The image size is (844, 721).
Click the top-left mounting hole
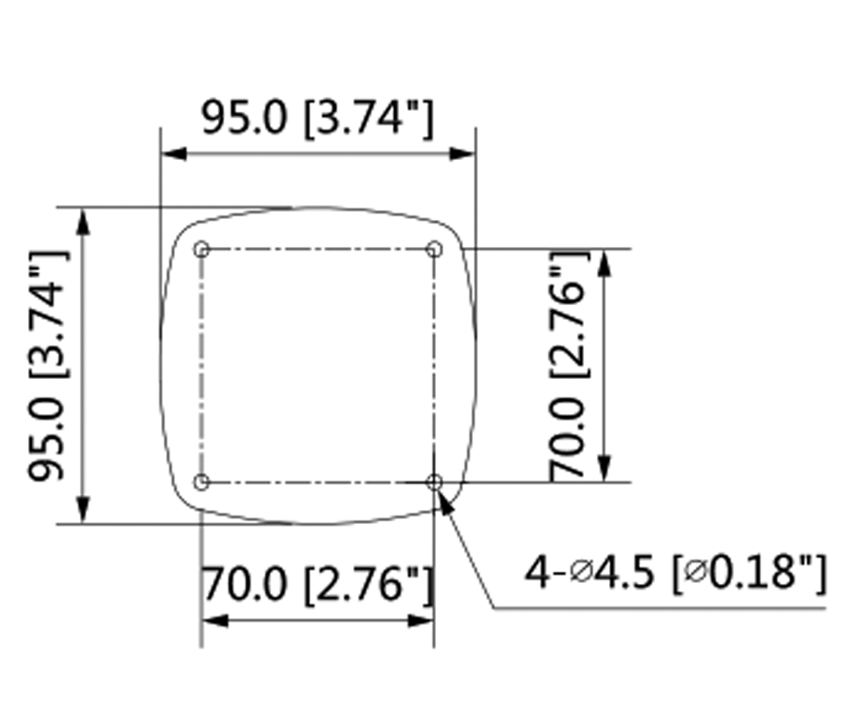pos(202,249)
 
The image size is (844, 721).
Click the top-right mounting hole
pos(433,249)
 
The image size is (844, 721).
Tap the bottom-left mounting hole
pos(202,482)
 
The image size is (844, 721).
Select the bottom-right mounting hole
pos(434,482)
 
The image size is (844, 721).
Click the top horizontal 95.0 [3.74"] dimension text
pos(317,118)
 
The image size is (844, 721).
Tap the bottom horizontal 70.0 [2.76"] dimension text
pos(317,584)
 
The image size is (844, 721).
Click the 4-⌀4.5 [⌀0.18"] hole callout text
pos(675,573)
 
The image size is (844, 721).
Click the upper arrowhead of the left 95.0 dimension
pos(84,221)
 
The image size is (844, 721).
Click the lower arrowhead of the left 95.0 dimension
pos(84,511)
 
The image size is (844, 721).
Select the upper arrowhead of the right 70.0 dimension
pos(605,261)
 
